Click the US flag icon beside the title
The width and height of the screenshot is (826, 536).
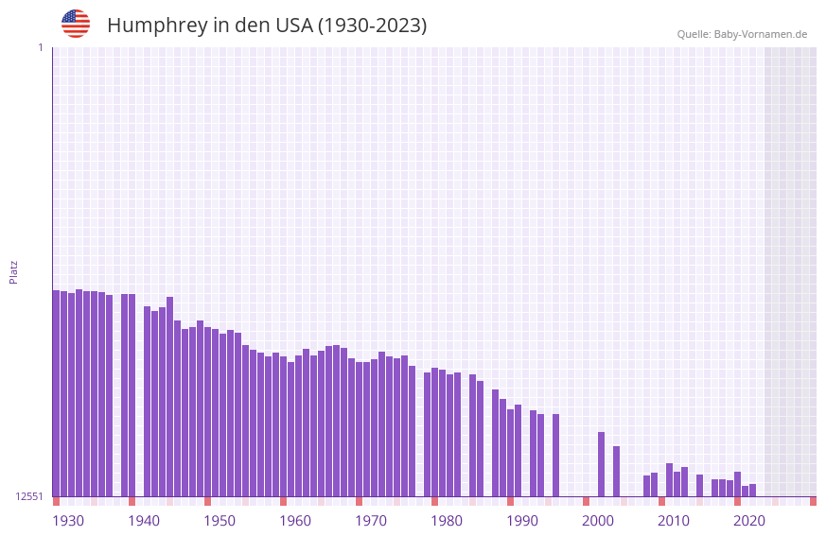(x=76, y=24)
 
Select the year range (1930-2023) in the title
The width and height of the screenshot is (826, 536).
(x=372, y=26)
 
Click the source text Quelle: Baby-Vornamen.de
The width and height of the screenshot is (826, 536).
(x=742, y=34)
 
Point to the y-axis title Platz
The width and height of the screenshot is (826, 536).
(x=13, y=271)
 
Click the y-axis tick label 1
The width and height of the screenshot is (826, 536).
(x=40, y=47)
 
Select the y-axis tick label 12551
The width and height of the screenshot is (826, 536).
(x=29, y=496)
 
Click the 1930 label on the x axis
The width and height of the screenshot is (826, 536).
(x=68, y=521)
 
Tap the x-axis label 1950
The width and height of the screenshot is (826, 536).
(x=220, y=521)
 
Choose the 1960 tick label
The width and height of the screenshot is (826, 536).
(x=295, y=521)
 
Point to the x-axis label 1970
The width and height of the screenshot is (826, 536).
(x=371, y=521)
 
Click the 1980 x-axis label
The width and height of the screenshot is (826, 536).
(x=447, y=521)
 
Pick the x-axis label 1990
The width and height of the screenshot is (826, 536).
(x=522, y=521)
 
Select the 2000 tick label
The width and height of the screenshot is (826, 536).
(x=598, y=521)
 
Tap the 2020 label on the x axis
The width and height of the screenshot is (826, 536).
(x=749, y=521)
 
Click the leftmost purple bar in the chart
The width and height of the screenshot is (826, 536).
(x=56, y=392)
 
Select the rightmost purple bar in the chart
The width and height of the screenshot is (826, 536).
(x=752, y=490)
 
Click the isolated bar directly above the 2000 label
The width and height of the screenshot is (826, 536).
(x=601, y=463)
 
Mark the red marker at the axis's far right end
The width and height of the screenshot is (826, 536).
(x=813, y=501)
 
